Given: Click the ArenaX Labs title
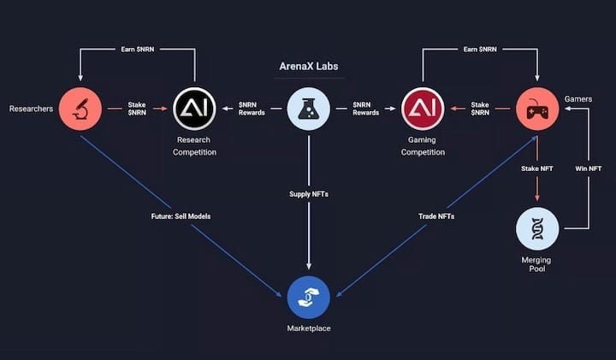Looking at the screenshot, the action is coord(308,67).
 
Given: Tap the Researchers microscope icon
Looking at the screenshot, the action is coord(80,109).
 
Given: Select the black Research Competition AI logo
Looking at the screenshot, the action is coord(194,109).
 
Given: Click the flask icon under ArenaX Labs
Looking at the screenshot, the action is coord(308,109).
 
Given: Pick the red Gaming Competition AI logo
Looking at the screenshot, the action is coord(423,109).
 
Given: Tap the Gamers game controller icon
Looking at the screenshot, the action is coord(537,109).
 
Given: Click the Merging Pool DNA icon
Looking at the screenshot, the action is coord(537,228).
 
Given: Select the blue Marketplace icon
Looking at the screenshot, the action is coord(308,298).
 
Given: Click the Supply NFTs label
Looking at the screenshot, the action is coord(309,194).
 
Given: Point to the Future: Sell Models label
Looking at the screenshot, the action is coord(181,216).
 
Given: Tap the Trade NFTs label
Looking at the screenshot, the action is coord(436,216).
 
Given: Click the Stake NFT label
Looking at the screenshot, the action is coord(537,168).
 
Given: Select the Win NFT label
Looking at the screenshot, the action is coord(588,168).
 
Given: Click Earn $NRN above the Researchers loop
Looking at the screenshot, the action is coord(138,50).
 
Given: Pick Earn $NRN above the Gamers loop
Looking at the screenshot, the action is coord(480,50).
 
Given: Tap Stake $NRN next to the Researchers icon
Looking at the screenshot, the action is coord(137,109).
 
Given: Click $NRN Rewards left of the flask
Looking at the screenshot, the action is coord(252,109).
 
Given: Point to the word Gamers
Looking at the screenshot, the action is coord(577,99).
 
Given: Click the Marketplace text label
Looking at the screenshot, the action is coord(309,328).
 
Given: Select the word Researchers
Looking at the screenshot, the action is coord(31,109).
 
